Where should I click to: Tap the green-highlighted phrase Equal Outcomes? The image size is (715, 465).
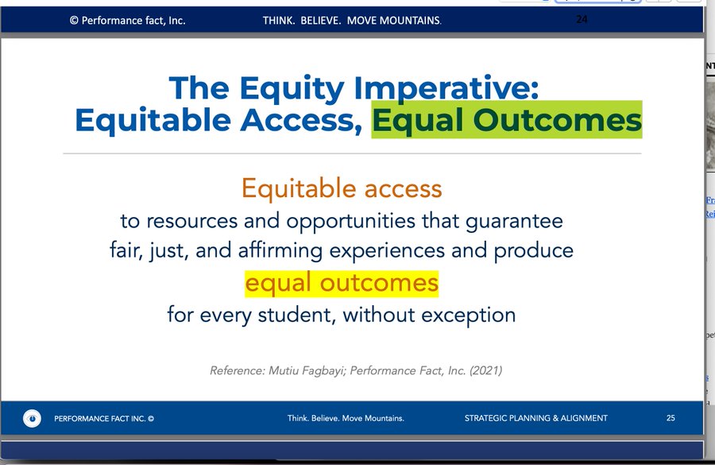click(x=507, y=120)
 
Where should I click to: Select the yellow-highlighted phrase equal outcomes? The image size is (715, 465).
click(x=342, y=284)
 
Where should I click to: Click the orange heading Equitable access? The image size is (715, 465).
click(x=342, y=188)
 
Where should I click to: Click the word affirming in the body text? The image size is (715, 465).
click(x=280, y=250)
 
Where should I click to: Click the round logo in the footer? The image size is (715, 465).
click(x=32, y=418)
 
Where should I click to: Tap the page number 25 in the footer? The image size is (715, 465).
click(x=671, y=418)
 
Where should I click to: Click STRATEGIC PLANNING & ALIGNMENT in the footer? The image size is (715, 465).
click(x=535, y=418)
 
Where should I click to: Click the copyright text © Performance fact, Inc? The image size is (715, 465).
click(x=128, y=21)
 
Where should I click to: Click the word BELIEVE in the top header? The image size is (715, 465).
click(x=321, y=21)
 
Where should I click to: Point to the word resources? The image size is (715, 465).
click(x=192, y=222)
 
